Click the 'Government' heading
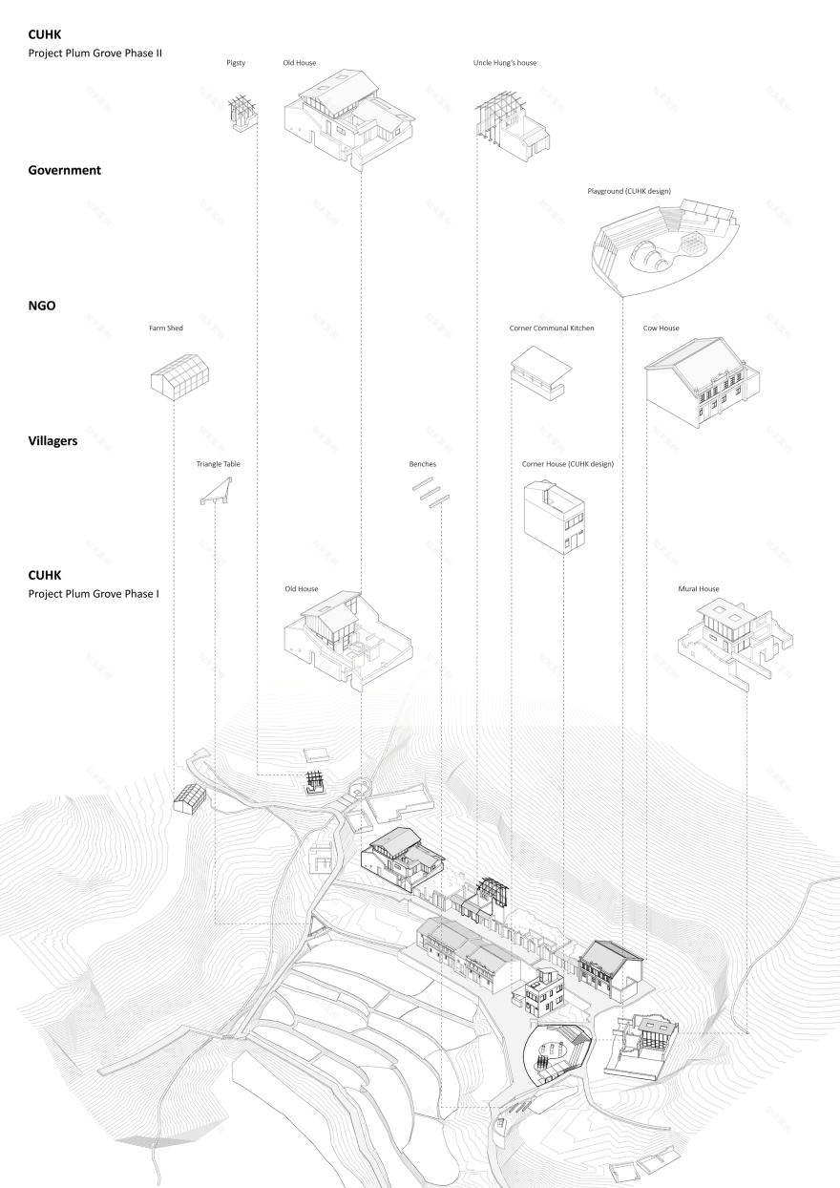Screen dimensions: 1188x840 [x=65, y=170]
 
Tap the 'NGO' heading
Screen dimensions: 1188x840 [x=43, y=307]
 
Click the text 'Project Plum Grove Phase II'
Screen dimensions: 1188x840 [x=95, y=53]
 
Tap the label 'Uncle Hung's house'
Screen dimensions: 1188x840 [x=505, y=63]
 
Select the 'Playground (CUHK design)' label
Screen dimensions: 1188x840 [x=629, y=191]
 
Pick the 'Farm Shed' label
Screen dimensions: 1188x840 [x=165, y=328]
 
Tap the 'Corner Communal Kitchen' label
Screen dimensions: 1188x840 [x=552, y=328]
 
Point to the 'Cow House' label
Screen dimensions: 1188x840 [x=661, y=328]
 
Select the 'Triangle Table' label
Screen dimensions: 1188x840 [x=219, y=463]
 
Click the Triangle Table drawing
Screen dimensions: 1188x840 [x=219, y=492]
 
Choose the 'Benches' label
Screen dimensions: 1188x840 [x=423, y=463]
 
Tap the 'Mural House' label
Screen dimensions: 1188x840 [x=698, y=589]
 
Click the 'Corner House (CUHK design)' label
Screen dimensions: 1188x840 [x=567, y=463]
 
